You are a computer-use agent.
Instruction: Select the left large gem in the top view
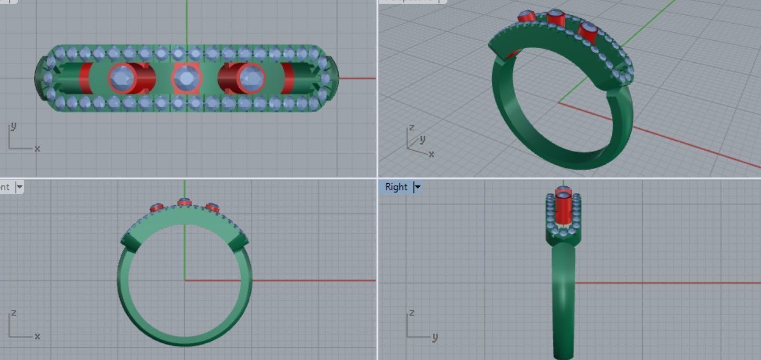[x=122, y=78]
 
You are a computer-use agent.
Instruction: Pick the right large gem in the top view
[x=251, y=78]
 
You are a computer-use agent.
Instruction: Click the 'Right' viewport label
[x=396, y=187]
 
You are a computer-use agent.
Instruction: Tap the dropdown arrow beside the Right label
[x=418, y=187]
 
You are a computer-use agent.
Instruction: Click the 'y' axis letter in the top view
[x=13, y=127]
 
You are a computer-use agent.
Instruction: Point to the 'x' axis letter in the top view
[x=37, y=149]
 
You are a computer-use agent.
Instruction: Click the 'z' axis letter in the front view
[x=14, y=313]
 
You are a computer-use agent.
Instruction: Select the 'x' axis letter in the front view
[x=37, y=336]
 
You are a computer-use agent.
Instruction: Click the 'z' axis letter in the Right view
[x=411, y=313]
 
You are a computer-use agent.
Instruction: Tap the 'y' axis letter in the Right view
[x=435, y=337]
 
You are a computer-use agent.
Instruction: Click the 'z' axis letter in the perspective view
[x=411, y=127]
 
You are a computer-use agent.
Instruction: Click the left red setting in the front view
[x=156, y=208]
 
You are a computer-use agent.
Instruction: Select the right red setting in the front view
[x=212, y=208]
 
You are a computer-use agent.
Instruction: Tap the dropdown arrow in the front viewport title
[x=20, y=187]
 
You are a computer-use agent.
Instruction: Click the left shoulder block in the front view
[x=130, y=242]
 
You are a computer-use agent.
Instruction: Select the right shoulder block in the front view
[x=239, y=242]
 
